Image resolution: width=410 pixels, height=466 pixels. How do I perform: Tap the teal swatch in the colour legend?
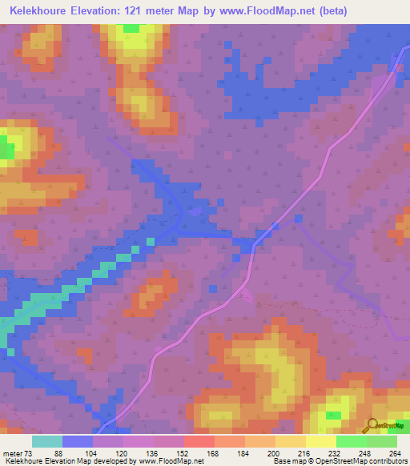(x=47, y=441)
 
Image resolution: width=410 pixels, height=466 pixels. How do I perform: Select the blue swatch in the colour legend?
(x=78, y=441)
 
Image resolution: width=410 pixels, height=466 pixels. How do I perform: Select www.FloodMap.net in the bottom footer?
(x=168, y=461)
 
